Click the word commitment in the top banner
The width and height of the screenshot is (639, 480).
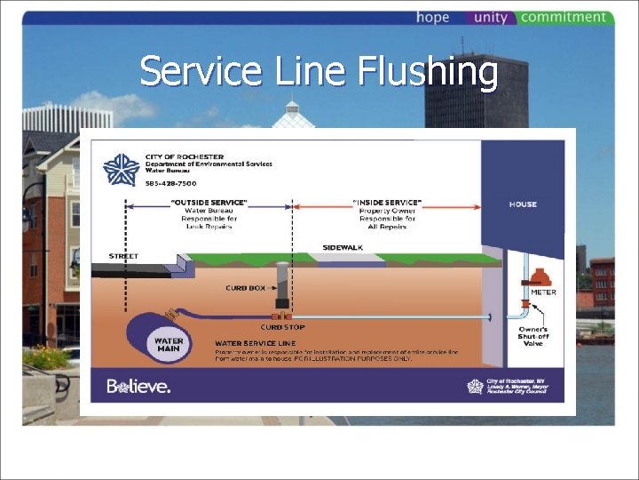click(564, 18)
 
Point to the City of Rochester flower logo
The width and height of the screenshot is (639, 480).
click(122, 169)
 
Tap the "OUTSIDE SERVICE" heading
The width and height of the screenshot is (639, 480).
click(209, 204)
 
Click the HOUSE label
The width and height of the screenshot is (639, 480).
click(523, 204)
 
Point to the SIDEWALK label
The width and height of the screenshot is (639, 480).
click(342, 247)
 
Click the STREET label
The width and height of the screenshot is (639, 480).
click(123, 256)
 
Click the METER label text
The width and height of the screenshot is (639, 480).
click(543, 292)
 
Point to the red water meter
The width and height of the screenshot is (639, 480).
click(543, 271)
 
